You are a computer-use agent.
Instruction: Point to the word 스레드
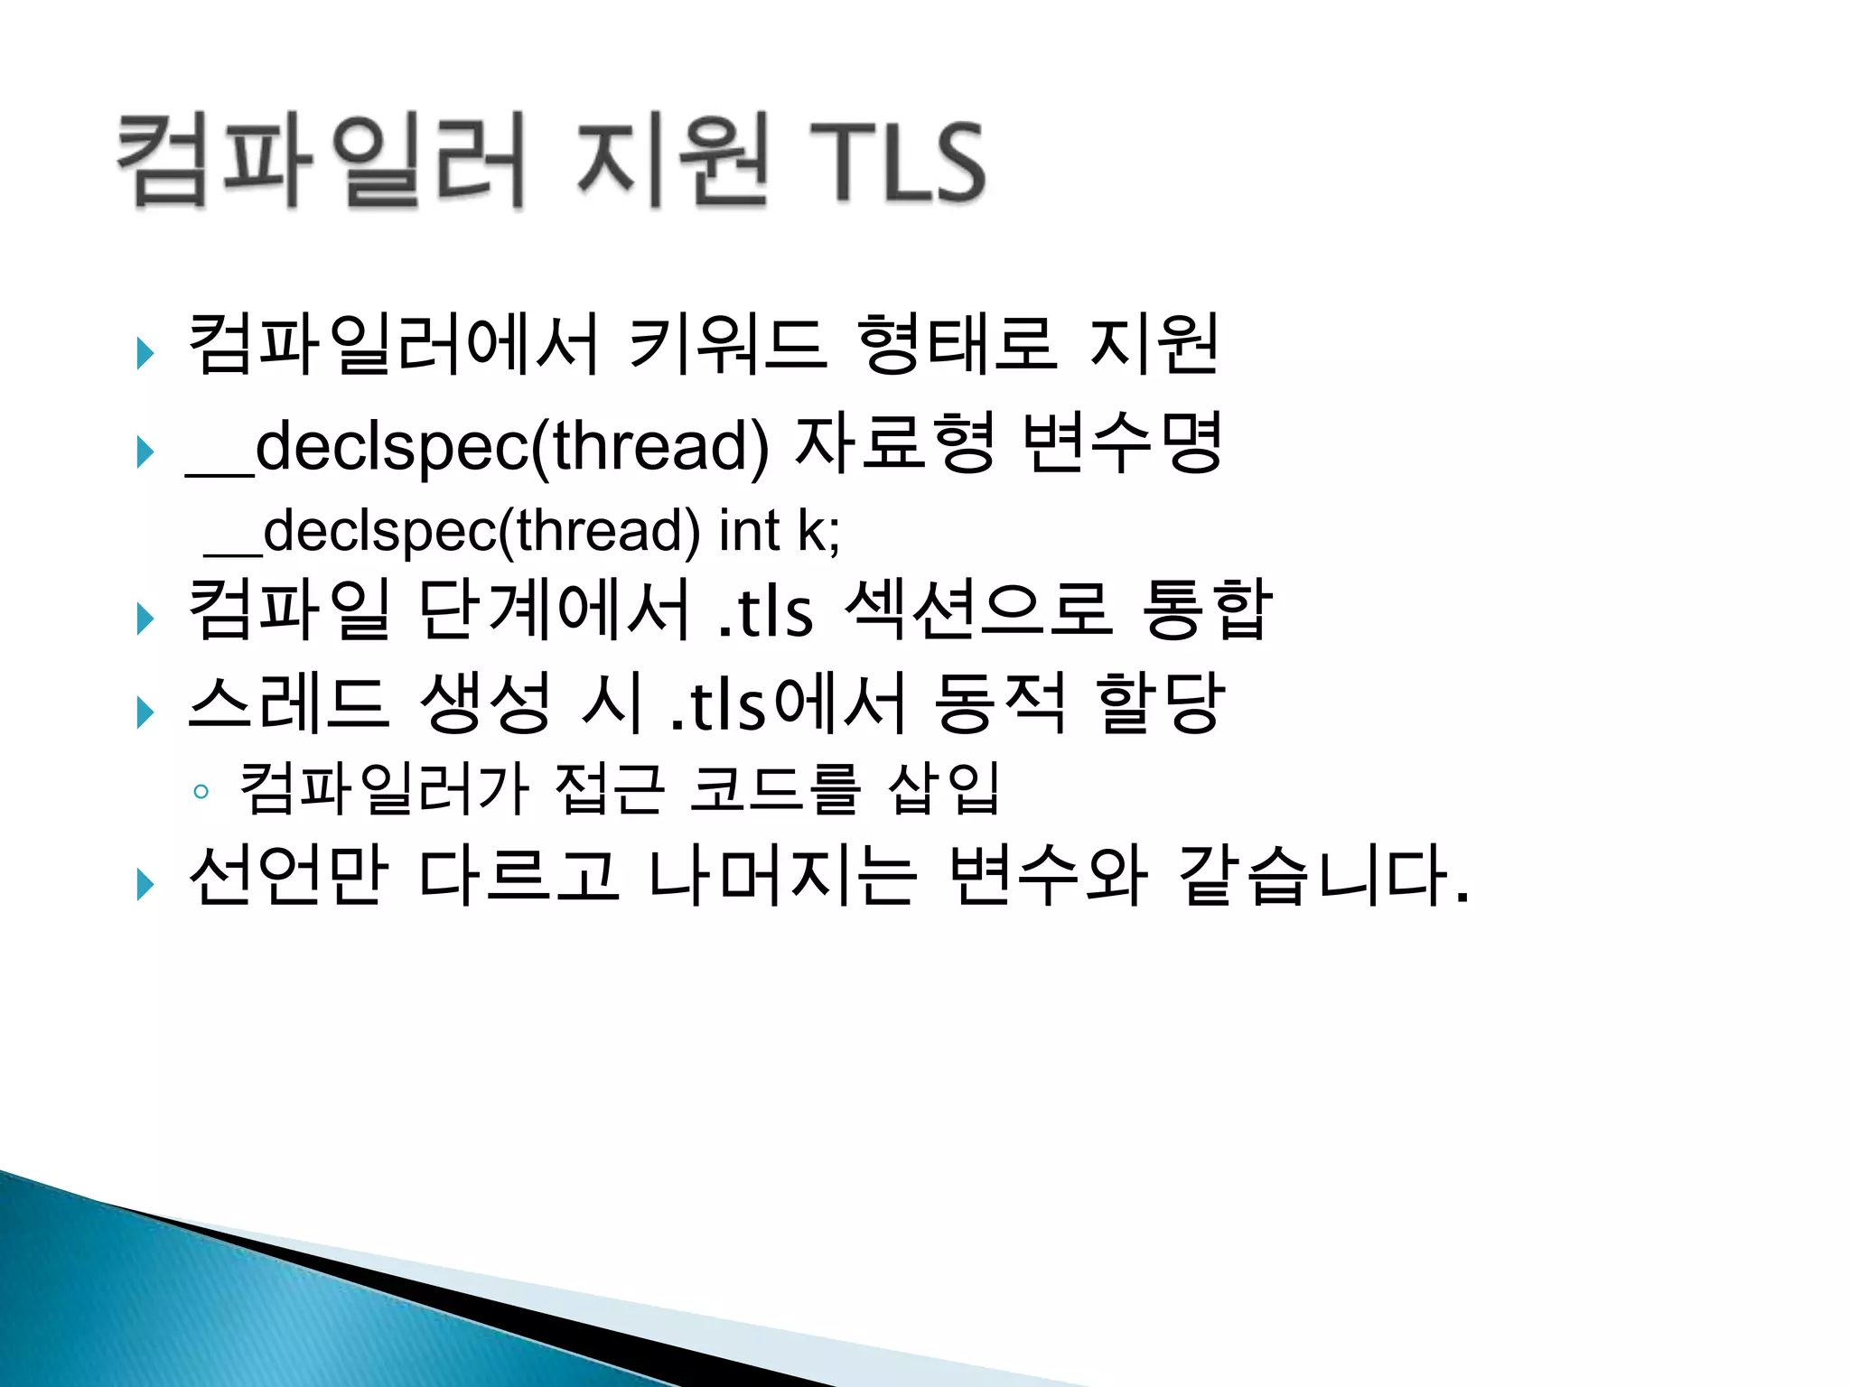point(289,703)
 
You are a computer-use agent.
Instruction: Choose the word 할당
point(1160,703)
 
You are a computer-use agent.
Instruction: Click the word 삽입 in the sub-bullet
point(944,788)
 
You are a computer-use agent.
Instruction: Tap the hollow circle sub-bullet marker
point(201,793)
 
